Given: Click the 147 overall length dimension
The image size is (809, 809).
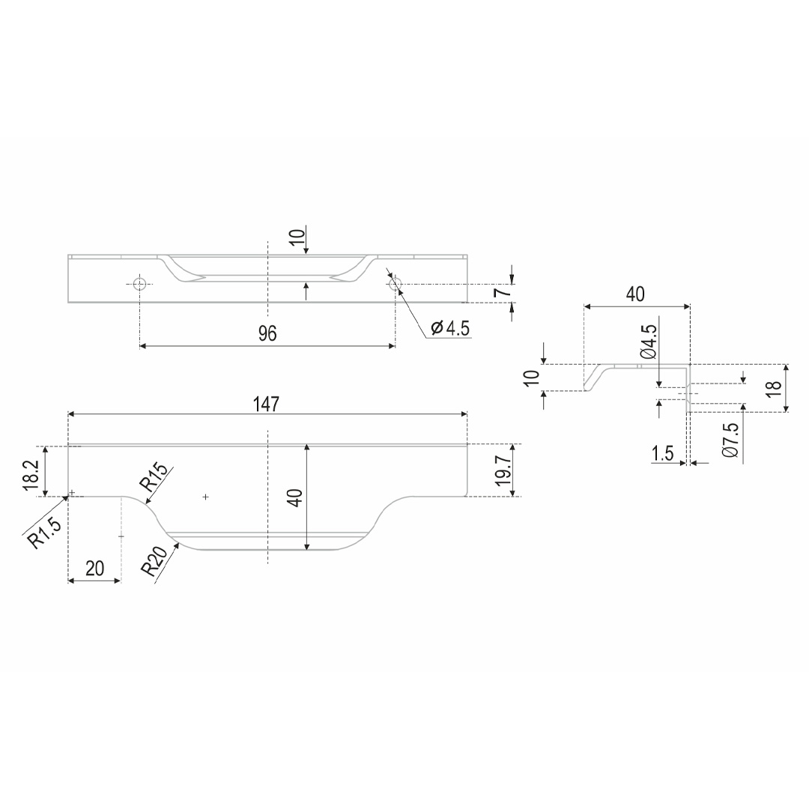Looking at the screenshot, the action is [266, 404].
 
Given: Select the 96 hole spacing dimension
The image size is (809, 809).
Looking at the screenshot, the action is [267, 333].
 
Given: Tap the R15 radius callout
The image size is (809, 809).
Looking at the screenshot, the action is [154, 478].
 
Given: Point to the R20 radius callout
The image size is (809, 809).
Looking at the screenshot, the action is [154, 561].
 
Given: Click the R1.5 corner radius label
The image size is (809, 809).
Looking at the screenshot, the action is [44, 533].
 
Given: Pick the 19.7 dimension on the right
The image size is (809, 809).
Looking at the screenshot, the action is [503, 470].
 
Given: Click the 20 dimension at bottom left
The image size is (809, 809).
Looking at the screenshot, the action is [95, 568].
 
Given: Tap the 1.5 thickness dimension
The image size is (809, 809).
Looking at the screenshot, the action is [662, 453].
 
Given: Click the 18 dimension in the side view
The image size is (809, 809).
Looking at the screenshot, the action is [774, 388].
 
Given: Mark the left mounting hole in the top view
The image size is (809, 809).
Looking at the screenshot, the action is [140, 283].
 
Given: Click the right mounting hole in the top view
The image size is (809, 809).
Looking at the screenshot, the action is [396, 283].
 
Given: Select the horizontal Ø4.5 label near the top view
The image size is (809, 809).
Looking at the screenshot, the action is [450, 327].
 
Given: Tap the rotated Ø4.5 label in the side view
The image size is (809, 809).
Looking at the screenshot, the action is [649, 342].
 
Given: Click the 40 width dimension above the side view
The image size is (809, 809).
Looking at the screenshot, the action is [635, 294].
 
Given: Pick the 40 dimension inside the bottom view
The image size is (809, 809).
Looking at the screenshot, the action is [295, 497].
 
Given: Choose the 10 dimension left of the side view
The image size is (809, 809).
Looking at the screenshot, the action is [531, 377].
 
